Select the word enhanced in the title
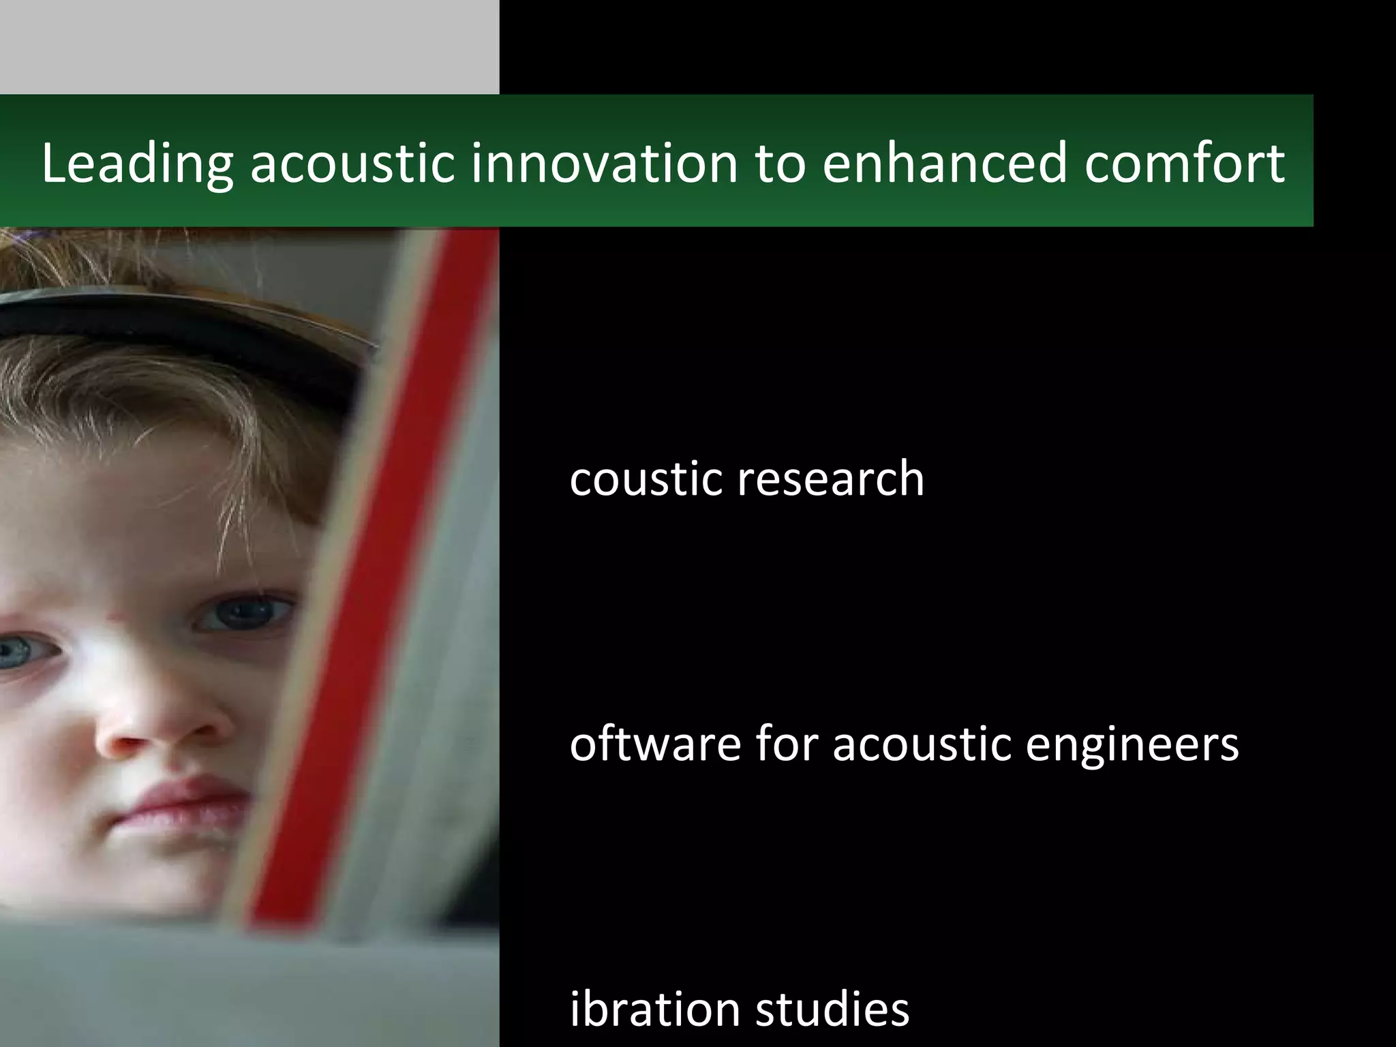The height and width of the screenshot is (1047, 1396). click(944, 164)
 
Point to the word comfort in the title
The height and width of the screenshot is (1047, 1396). click(1185, 164)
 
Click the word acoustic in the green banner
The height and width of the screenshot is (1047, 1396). click(352, 164)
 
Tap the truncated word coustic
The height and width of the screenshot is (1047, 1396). click(646, 478)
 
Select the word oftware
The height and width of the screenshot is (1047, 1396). click(655, 744)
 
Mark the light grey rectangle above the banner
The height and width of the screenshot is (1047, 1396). click(249, 46)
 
